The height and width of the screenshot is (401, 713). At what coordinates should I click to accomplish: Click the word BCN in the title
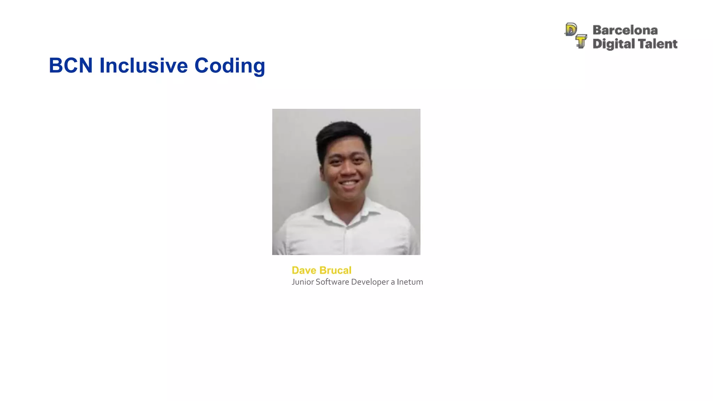point(71,65)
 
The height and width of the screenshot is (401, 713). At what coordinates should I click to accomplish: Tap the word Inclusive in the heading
point(144,65)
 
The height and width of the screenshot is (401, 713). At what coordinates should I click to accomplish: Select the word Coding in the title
point(230,66)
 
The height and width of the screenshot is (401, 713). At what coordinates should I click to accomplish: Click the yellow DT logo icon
point(575,36)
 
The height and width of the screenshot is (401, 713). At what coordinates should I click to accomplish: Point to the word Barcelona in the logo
point(625,30)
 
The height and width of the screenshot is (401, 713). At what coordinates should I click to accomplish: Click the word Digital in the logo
point(614,44)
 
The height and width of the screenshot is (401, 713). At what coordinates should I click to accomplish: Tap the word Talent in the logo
point(658,44)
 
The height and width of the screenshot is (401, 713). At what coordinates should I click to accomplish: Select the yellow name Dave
point(304,270)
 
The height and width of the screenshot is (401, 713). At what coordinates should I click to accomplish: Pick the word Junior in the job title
point(303,282)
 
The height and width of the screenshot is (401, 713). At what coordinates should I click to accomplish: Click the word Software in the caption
point(332,282)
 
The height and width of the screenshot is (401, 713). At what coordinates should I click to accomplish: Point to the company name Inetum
point(410,282)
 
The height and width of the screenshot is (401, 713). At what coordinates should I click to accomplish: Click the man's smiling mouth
point(349,183)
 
